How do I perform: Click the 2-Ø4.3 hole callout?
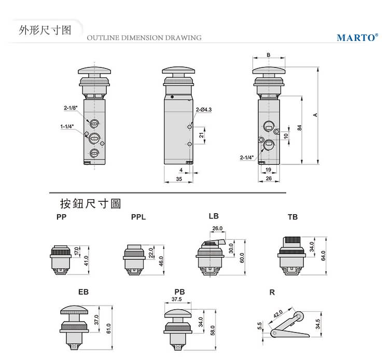click(204, 109)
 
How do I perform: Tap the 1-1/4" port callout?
click(67, 126)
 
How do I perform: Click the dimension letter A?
click(315, 115)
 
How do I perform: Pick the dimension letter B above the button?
click(268, 54)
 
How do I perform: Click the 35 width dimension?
click(178, 178)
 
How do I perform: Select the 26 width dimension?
click(268, 178)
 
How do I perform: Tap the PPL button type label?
click(138, 217)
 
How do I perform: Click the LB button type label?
click(214, 215)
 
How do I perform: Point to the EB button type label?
click(84, 292)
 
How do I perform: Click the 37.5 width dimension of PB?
click(176, 299)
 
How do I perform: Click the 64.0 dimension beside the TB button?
click(323, 256)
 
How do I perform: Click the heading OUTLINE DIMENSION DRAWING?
click(144, 38)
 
